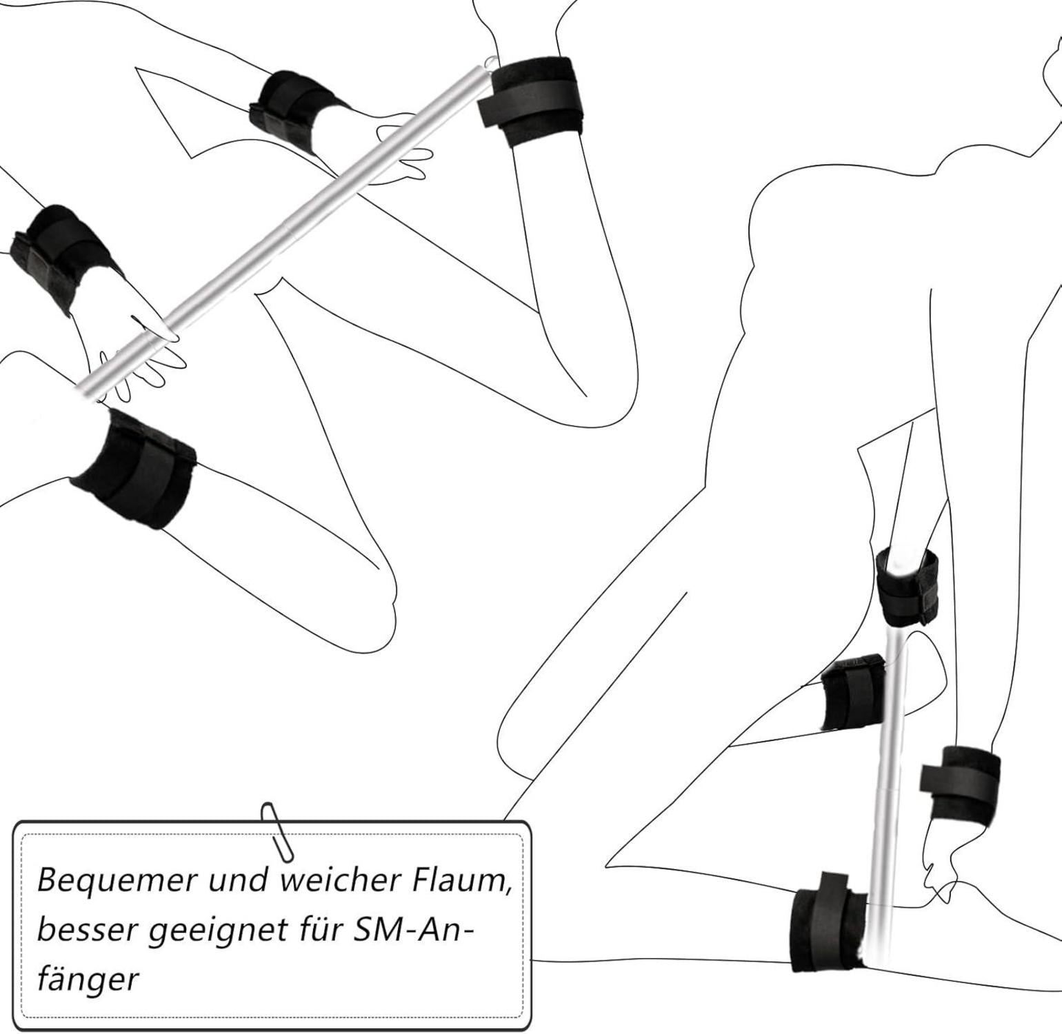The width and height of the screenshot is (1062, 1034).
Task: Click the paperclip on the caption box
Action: pos(277,831)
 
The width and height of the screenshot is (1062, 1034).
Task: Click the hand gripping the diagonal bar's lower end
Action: pos(141,358)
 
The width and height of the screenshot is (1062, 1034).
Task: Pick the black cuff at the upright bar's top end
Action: pos(907,586)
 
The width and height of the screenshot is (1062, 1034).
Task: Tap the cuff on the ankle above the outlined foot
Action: pos(960,782)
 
